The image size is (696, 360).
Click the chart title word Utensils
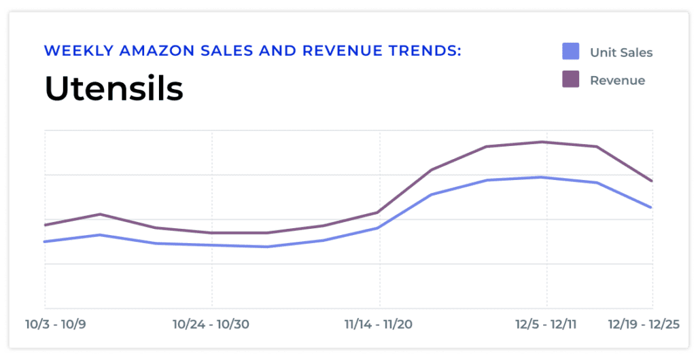[114, 89]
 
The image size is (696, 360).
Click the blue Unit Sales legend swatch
[571, 51]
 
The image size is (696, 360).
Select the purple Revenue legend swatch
[571, 79]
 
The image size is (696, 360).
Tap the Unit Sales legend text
[621, 52]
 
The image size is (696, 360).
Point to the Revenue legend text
[617, 80]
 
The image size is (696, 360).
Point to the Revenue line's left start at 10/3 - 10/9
[45, 225]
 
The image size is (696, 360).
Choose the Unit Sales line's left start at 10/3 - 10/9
[45, 241]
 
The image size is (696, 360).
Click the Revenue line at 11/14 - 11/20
[379, 212]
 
